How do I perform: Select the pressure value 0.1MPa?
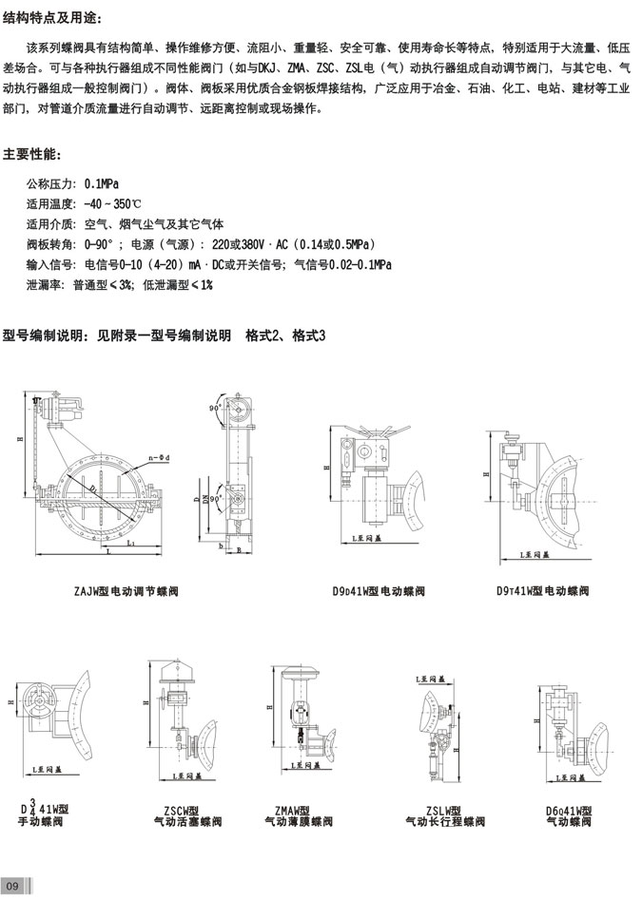101,182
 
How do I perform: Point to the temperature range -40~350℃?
113,203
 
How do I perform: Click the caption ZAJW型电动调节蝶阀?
126,591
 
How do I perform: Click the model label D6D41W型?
570,810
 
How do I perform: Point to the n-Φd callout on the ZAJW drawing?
159,459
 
